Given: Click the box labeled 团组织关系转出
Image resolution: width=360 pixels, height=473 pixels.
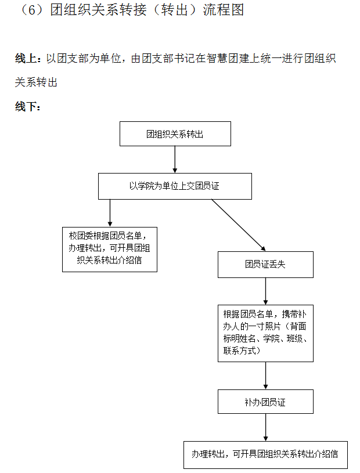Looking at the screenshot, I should click(175, 133).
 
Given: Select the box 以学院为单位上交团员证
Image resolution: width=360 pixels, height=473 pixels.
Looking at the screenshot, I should click(175, 186).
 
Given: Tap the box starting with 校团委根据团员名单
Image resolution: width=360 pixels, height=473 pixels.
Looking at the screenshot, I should click(110, 249).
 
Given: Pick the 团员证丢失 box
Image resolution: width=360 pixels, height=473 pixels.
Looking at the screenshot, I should click(265, 264).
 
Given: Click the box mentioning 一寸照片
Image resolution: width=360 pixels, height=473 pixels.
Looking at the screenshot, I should click(265, 333).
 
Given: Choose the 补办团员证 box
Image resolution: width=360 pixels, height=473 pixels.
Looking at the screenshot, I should click(265, 401).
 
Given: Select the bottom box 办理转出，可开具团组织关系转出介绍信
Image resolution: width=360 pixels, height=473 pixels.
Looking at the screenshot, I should click(265, 454).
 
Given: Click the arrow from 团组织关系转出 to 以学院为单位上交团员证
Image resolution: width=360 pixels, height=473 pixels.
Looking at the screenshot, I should click(175, 159).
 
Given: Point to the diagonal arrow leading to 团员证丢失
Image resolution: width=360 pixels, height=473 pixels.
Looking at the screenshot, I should click(238, 225).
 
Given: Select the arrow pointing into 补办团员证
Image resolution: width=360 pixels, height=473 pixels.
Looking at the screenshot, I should click(265, 375).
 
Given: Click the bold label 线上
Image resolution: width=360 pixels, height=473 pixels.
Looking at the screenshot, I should click(27, 59).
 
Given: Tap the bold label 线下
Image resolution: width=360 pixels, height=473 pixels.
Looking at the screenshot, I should click(27, 106).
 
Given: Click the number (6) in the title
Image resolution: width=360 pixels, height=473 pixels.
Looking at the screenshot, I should click(32, 11).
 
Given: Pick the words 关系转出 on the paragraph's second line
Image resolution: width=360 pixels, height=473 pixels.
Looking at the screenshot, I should click(36, 82).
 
